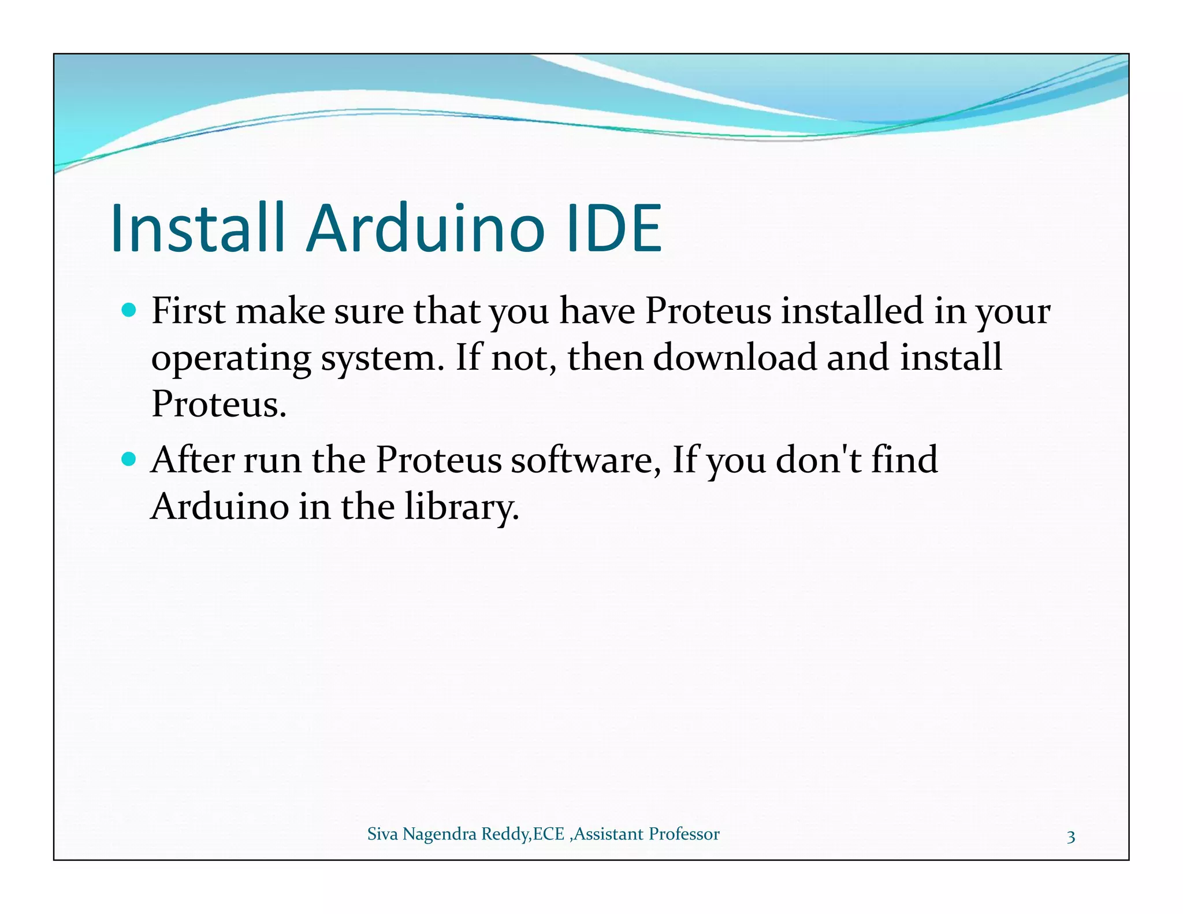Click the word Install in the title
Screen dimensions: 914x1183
click(198, 228)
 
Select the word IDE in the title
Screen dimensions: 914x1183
click(615, 228)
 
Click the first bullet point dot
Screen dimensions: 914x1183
click(129, 311)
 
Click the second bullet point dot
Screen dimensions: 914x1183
click(129, 460)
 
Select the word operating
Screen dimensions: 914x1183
click(231, 358)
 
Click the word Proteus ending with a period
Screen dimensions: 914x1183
click(218, 404)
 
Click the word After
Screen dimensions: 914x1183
click(192, 460)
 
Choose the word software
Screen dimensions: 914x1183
click(585, 460)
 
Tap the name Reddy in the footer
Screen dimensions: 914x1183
click(505, 834)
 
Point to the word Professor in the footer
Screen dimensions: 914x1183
click(684, 834)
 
